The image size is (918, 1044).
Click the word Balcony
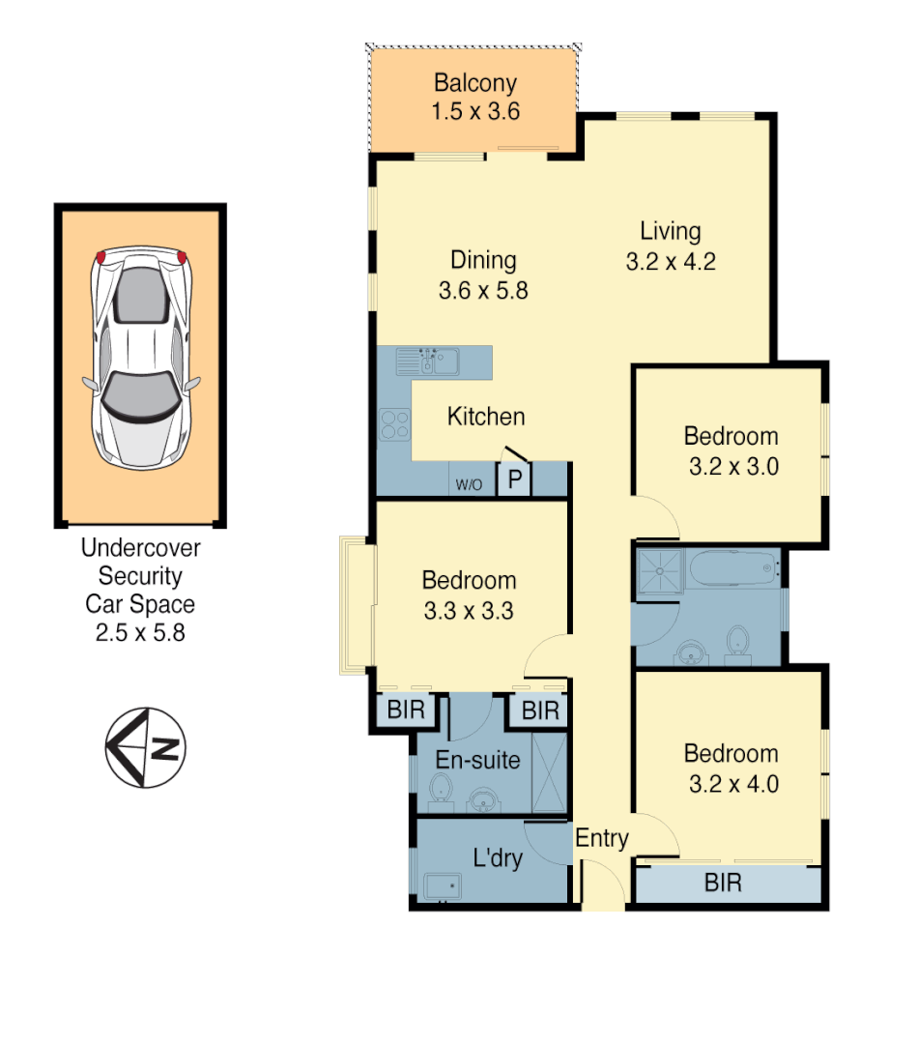(x=474, y=83)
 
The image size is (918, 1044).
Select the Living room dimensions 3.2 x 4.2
(x=670, y=262)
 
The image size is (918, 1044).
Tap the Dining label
(x=483, y=260)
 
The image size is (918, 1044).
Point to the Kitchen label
(x=486, y=417)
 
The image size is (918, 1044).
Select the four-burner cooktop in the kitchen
(x=394, y=424)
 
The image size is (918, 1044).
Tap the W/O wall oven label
(x=470, y=484)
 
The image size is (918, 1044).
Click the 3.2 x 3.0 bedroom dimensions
(x=733, y=466)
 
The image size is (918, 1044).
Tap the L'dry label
(x=498, y=857)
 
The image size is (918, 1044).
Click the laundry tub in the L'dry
(x=444, y=884)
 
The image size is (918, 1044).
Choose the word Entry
(x=602, y=839)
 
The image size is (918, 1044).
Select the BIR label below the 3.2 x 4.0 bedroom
(x=723, y=883)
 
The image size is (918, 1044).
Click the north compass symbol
(x=145, y=747)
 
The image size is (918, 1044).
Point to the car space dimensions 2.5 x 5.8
(x=140, y=634)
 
